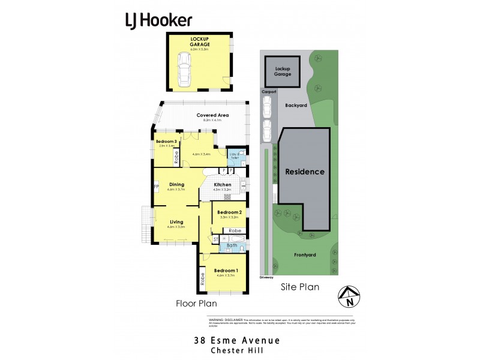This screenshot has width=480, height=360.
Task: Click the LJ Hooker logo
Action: click(158, 20)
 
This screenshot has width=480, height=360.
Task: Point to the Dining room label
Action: click(176, 185)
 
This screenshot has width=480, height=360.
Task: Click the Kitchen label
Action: click(223, 185)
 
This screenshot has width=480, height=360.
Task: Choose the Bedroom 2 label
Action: click(229, 212)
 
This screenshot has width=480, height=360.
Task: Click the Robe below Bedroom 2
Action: click(235, 230)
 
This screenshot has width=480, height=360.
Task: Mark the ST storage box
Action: click(215, 239)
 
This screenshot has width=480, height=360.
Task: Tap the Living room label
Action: click(176, 222)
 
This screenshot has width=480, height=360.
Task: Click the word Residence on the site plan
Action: click(304, 172)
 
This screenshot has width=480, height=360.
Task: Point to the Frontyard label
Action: click(304, 254)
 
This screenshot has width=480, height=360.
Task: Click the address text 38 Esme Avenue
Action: click(237, 340)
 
